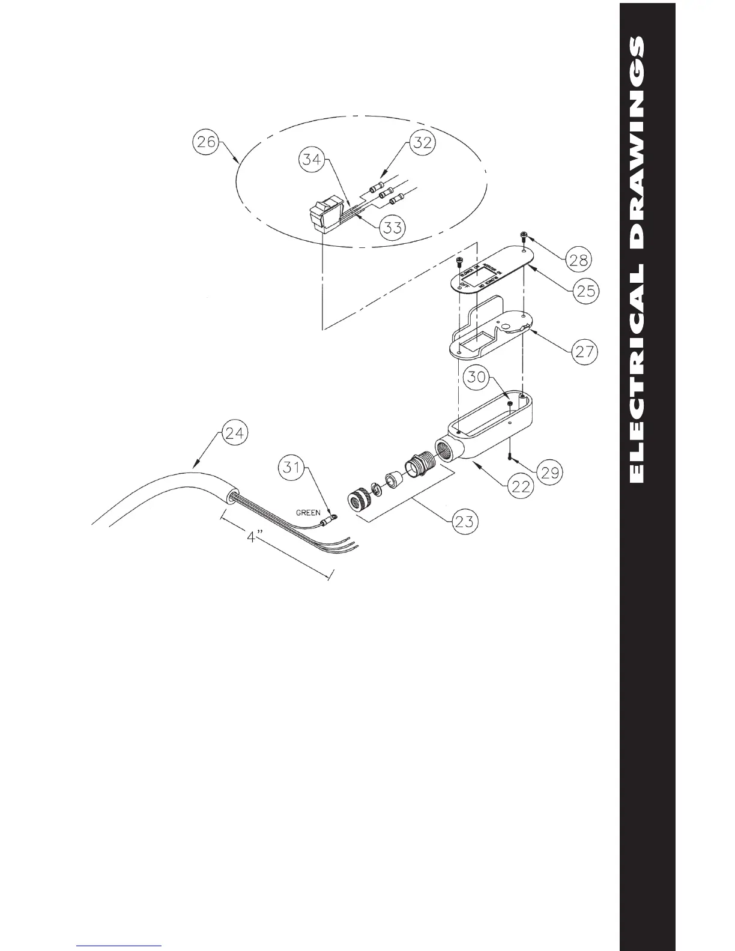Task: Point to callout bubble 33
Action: click(393, 227)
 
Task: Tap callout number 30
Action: click(477, 378)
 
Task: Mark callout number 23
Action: click(465, 521)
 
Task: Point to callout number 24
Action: click(233, 433)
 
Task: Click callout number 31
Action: click(292, 466)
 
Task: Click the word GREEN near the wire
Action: click(308, 513)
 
